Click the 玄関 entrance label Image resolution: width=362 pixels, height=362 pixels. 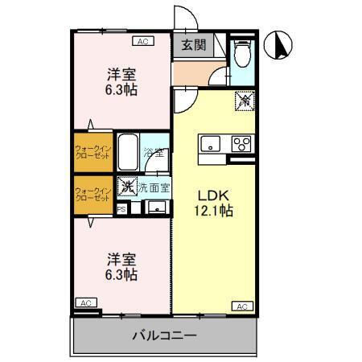tap(191, 46)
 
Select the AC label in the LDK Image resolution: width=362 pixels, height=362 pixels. tap(242, 306)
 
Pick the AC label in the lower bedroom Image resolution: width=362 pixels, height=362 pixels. tap(85, 302)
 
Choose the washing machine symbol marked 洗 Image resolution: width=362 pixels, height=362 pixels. tap(126, 187)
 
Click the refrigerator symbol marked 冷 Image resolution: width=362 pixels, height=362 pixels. tap(243, 101)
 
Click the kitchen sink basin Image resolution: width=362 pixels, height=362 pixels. tap(210, 145)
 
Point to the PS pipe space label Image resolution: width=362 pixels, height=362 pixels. tap(121, 209)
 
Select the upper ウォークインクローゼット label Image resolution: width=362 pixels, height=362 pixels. tap(93, 151)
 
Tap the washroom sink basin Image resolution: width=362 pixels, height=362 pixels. tap(156, 208)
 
